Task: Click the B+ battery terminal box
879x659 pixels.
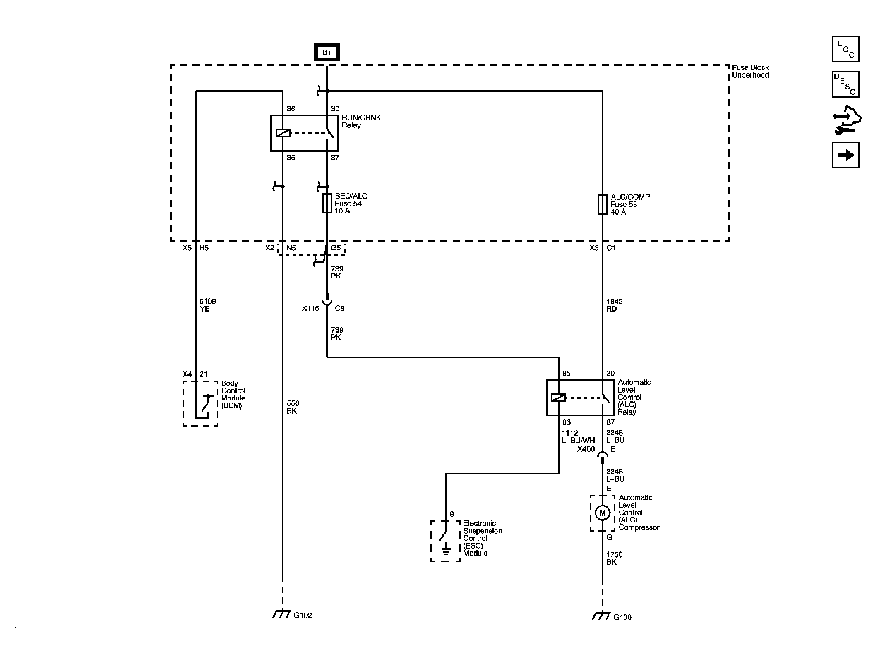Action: coord(327,52)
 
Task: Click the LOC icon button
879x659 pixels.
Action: coord(845,49)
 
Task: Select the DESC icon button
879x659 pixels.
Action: coord(845,84)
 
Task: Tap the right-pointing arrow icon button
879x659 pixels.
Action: coord(845,155)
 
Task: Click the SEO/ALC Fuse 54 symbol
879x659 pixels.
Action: coord(327,204)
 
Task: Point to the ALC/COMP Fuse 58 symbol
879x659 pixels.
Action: coord(602,204)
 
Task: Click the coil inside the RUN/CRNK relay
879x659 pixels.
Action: coord(283,133)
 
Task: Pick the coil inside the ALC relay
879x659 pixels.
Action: coord(558,398)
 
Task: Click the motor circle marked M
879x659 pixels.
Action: coord(602,513)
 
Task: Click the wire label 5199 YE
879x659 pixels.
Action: coord(207,305)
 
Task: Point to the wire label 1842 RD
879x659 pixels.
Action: coord(614,305)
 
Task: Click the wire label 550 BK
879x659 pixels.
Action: coord(293,407)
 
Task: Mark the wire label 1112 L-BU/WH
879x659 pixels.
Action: coord(578,437)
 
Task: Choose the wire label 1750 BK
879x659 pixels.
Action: coord(614,558)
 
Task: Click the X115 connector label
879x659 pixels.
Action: coord(310,309)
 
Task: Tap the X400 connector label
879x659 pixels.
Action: coord(586,449)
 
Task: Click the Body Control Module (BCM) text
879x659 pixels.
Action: coord(233,395)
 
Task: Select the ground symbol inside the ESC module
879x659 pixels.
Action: coord(446,551)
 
